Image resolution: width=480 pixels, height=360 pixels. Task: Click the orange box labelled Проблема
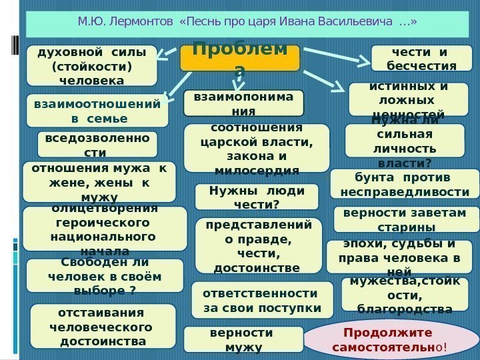[240, 58]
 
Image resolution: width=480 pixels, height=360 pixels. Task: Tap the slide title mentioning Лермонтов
[248, 23]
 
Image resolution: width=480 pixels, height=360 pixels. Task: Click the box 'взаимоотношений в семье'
[97, 111]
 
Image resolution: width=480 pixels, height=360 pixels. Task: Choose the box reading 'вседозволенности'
[97, 144]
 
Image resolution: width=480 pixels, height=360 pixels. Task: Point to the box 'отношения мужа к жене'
[99, 181]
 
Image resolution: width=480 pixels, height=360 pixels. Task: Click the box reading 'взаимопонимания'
[243, 103]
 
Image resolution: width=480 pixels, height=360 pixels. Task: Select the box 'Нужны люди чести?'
[256, 197]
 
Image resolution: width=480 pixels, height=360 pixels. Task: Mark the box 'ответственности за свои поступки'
[261, 301]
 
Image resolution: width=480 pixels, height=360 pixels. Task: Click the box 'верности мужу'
[243, 339]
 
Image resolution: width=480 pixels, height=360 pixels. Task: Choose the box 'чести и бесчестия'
[421, 58]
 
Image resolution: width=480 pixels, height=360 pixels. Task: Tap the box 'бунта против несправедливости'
[404, 185]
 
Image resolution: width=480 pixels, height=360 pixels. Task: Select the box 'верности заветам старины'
[406, 219]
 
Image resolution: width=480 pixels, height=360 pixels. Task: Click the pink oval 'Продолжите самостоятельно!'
[387, 339]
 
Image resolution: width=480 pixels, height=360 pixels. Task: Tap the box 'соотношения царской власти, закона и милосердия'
[256, 148]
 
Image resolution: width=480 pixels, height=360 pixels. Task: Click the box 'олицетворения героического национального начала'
[105, 231]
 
